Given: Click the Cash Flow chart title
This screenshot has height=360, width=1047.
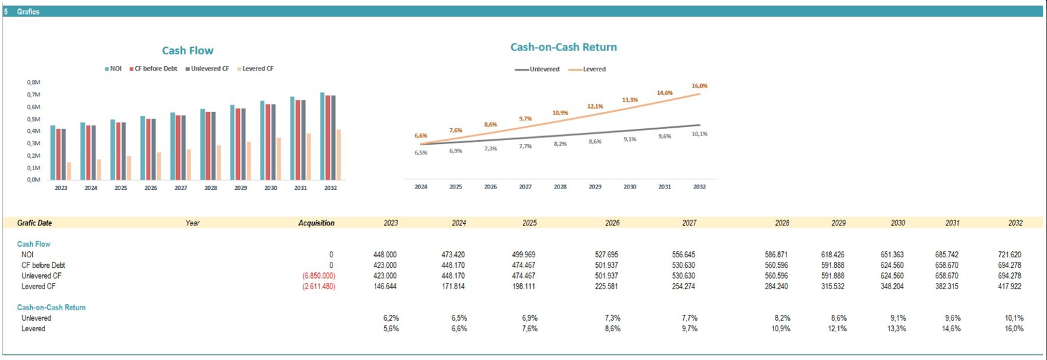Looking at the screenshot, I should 188,50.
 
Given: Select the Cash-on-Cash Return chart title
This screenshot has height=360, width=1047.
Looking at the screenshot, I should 563,47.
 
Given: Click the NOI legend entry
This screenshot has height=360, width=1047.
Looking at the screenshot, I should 113,69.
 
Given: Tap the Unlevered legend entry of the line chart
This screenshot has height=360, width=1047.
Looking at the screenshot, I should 538,69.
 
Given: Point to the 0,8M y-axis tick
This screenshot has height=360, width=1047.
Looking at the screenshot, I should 33,82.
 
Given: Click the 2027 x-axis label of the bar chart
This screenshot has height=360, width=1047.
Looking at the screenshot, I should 181,188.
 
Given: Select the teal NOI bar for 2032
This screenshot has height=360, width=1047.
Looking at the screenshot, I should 322,136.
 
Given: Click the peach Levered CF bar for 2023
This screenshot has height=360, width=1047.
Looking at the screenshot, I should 69,171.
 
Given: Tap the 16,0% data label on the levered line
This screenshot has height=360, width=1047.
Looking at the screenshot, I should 700,86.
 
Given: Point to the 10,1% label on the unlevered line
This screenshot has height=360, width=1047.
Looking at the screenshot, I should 700,134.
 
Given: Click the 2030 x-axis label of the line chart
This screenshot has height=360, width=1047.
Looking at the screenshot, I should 630,187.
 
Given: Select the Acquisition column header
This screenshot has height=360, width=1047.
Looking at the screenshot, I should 316,223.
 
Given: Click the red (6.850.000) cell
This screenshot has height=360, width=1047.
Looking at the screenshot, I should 319,276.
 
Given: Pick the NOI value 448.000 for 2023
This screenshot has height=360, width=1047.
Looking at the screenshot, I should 385,255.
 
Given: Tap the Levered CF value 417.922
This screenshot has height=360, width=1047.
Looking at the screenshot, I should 1010,287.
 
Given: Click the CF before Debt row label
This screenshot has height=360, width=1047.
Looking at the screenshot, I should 43,265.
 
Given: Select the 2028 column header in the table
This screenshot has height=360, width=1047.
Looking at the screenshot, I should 782,223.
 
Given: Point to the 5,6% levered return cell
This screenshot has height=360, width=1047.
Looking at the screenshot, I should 391,329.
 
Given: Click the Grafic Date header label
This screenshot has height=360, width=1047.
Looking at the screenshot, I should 35,223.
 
